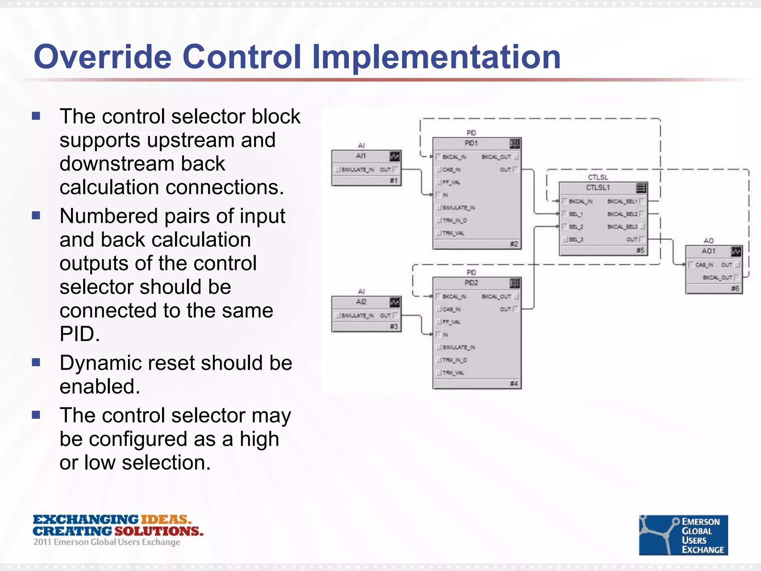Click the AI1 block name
tap(361, 156)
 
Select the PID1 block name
tap(471, 143)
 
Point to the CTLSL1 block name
tap(598, 187)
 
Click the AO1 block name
tap(708, 251)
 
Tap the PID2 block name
tap(471, 283)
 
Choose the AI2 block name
tap(361, 302)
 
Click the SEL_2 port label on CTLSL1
tap(576, 227)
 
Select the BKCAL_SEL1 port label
tap(622, 201)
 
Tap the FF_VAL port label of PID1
tap(451, 182)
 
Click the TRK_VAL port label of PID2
tap(453, 372)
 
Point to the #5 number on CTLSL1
tap(640, 250)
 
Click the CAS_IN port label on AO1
tap(704, 265)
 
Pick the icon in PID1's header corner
tap(515, 143)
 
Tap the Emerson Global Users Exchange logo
tap(683, 535)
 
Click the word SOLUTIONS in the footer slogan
tap(159, 531)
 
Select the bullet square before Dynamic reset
tap(36, 362)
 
